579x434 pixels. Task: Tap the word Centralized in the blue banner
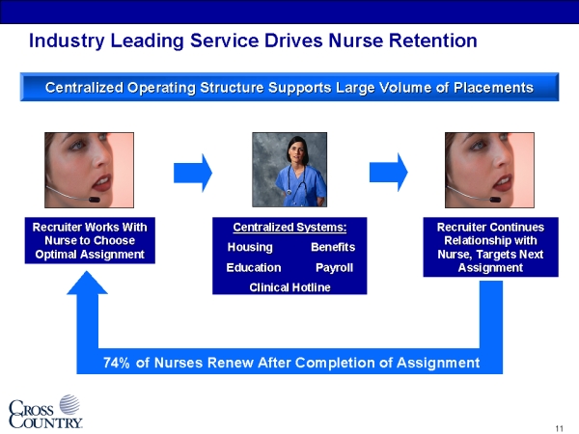[84, 88]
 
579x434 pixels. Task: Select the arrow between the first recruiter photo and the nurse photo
[193, 173]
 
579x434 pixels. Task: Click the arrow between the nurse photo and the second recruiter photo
[389, 173]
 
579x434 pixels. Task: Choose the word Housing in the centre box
[250, 247]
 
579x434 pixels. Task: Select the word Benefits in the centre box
[333, 247]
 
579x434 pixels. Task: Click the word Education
[254, 267]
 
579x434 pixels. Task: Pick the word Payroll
[334, 267]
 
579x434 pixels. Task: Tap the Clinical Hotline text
[289, 287]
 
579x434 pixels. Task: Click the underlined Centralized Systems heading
[289, 228]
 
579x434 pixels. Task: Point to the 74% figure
[117, 363]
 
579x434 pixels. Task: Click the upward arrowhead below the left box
[87, 283]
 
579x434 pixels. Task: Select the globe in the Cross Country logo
[69, 404]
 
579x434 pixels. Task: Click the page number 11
[559, 428]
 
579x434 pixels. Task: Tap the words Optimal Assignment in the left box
[90, 255]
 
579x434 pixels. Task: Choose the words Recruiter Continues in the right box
[490, 227]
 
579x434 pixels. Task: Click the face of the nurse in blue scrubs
[298, 151]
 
